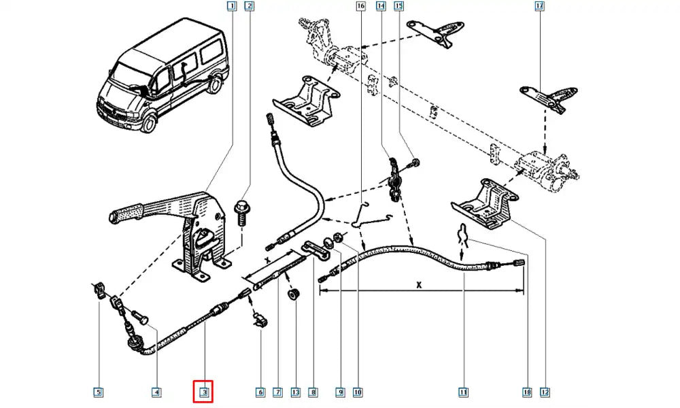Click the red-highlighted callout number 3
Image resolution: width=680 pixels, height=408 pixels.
(204, 392)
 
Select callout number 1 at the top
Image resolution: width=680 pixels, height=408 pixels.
(232, 7)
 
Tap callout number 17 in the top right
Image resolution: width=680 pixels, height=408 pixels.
(539, 7)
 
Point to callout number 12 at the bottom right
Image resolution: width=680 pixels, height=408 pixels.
(544, 392)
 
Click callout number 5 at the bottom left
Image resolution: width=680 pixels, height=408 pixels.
(99, 392)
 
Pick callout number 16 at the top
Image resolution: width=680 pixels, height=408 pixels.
(360, 7)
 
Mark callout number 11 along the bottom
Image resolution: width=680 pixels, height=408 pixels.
(463, 392)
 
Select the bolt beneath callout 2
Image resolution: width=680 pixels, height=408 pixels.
(241, 211)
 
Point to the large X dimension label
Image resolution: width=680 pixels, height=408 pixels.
(420, 285)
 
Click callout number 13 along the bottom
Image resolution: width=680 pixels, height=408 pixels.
(294, 392)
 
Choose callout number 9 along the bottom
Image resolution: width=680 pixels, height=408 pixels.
(339, 392)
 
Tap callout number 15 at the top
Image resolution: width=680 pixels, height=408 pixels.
(399, 7)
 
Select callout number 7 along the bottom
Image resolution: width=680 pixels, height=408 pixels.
(277, 392)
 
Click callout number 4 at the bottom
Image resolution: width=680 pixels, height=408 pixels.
(156, 392)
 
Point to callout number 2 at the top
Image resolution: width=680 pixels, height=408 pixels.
(250, 7)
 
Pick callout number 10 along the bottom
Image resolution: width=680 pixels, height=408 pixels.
(358, 392)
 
